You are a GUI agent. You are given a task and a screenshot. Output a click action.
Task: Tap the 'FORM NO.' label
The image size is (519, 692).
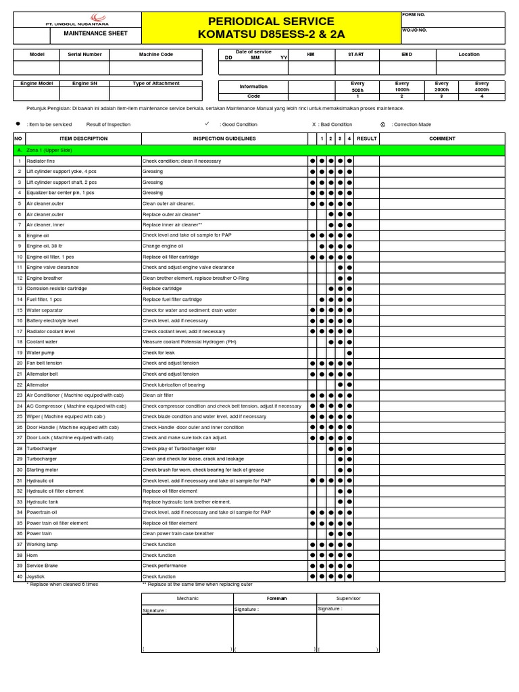pos(414,14)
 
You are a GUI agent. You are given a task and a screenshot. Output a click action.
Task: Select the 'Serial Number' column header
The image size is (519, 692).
pos(84,54)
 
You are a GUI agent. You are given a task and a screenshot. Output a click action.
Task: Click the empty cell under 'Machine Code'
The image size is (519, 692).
pos(156,68)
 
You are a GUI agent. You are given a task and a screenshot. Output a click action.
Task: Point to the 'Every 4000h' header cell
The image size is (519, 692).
pos(481,86)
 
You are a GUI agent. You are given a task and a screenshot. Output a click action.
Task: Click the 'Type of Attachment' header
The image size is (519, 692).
pos(156,83)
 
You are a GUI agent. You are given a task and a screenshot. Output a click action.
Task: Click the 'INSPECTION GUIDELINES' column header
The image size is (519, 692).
pos(224,139)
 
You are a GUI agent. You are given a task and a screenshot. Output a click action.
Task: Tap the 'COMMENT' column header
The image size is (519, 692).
pos(442,139)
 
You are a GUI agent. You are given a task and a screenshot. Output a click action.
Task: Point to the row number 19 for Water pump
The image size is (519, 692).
pos(20,353)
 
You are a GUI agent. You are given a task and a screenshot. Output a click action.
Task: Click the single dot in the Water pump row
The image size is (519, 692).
pos(349,353)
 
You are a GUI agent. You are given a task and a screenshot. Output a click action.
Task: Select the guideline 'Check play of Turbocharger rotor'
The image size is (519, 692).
pos(179,449)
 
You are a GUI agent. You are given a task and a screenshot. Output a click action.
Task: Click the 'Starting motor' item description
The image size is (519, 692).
pos(42,470)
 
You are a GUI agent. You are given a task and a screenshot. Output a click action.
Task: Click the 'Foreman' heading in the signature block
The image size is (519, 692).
pos(276,598)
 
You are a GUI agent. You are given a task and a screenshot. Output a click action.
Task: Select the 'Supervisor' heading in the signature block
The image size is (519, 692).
pos(348,598)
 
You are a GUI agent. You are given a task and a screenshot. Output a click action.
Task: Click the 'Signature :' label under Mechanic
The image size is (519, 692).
pos(155,610)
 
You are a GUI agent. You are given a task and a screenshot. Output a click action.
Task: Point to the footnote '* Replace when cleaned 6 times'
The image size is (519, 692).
pos(62,584)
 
